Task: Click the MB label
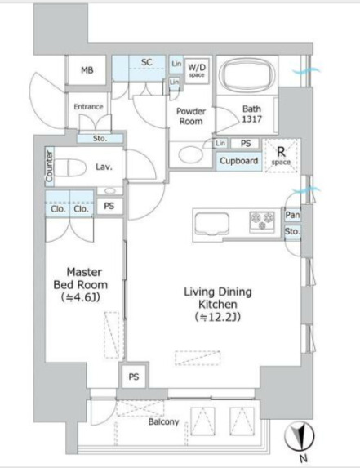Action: click(x=87, y=70)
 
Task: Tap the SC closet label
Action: click(x=147, y=62)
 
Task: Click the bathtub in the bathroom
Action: click(x=247, y=74)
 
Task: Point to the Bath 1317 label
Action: click(x=251, y=114)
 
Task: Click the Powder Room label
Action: click(x=191, y=117)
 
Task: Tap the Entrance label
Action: click(x=88, y=106)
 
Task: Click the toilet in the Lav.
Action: click(x=70, y=167)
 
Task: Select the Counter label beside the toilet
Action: click(x=50, y=166)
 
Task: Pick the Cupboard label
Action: click(x=239, y=161)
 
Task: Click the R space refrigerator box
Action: click(x=282, y=155)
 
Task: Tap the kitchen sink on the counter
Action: click(x=211, y=225)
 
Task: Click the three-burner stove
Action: click(x=262, y=221)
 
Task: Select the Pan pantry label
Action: click(x=292, y=215)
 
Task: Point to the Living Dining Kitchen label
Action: click(x=218, y=305)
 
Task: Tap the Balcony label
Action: click(x=164, y=422)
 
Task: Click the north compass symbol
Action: click(x=299, y=437)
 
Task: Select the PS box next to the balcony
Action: click(x=134, y=377)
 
